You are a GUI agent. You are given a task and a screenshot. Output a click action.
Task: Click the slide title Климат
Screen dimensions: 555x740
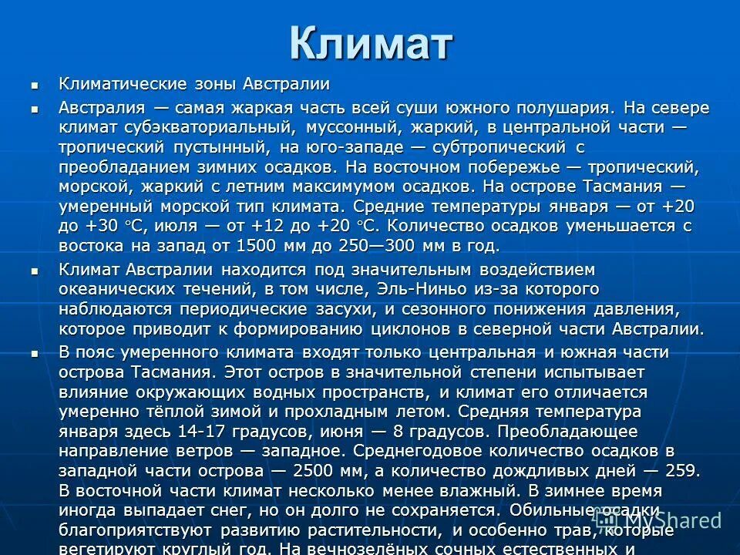coord(370,43)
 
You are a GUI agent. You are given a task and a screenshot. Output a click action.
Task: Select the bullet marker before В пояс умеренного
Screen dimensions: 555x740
coord(33,353)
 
